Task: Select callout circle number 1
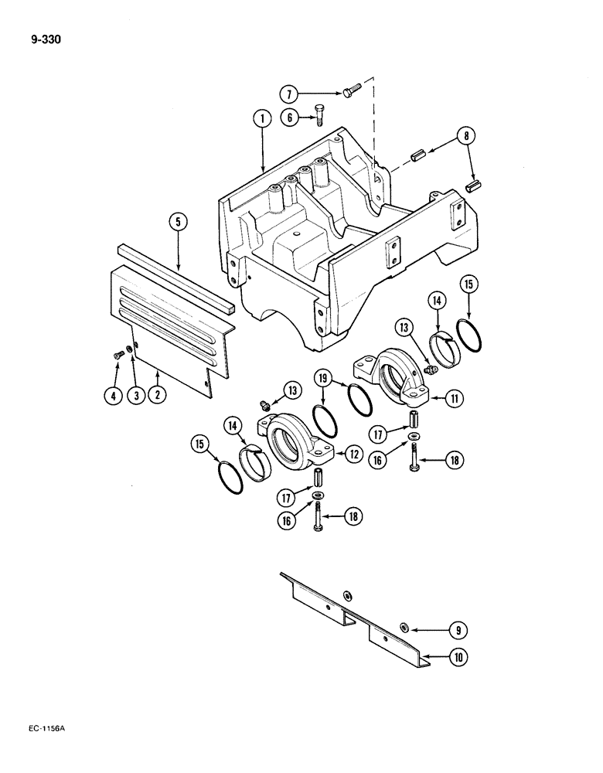coord(262,118)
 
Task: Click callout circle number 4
coord(113,397)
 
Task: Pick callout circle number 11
coord(455,399)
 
